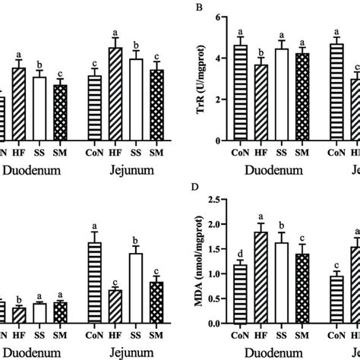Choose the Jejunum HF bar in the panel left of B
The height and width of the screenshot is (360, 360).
coord(115,93)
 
